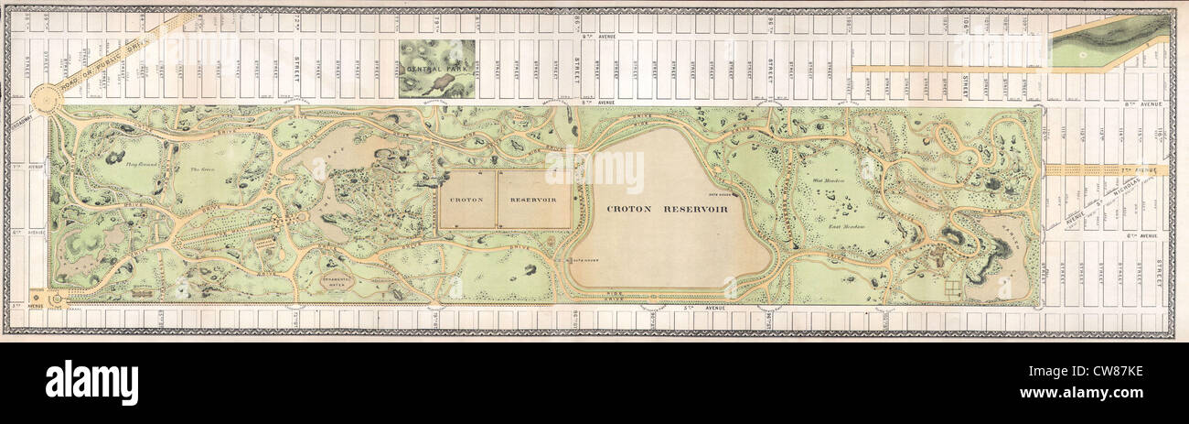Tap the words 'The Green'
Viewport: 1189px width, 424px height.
coord(200,170)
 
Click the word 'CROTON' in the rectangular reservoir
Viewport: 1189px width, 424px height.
coord(466,199)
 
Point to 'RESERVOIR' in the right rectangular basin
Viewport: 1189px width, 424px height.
coord(534,199)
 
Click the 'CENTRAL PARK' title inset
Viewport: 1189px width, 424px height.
coord(436,69)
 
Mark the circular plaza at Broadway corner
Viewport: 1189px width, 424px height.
coord(45,96)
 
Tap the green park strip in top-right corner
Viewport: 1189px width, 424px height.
coord(1108,42)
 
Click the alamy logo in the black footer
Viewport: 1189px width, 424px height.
coord(91,381)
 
